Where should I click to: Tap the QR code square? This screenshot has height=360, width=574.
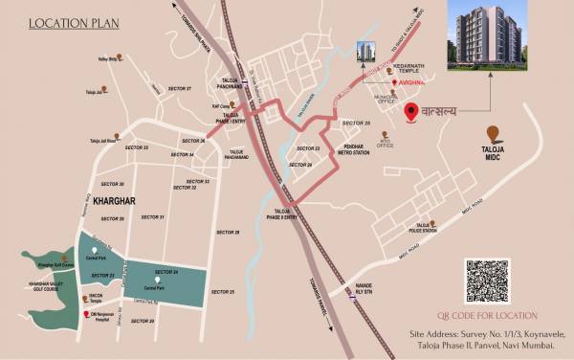(x=490, y=281)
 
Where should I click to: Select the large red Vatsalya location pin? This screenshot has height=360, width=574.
(x=412, y=114)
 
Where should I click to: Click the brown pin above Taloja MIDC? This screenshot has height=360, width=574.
(x=492, y=133)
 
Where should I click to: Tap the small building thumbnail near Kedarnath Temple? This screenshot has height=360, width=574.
(x=365, y=52)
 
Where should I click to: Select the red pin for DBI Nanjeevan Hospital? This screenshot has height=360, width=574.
(x=86, y=315)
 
